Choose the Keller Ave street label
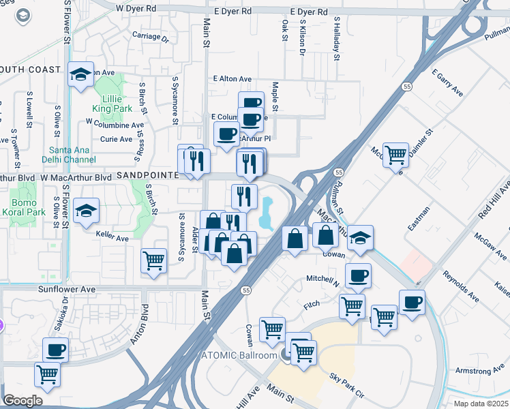point(112,239)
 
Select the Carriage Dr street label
point(150,37)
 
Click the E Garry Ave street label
point(448,82)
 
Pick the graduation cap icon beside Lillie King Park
point(80,74)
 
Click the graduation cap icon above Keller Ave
point(87,211)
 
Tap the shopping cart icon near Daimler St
point(395,155)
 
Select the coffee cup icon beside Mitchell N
point(358,276)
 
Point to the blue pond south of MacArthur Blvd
point(266,213)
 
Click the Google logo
point(22,401)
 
